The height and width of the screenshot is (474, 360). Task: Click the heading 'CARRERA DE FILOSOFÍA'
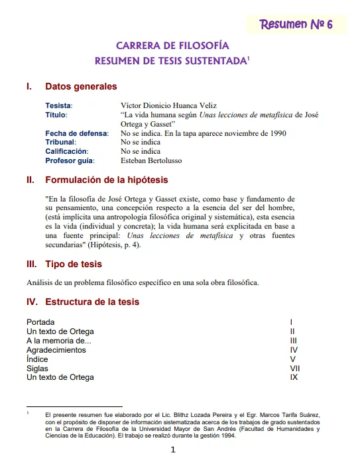(172, 46)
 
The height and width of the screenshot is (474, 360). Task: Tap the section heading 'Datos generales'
(81, 86)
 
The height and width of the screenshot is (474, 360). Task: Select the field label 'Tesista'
(58, 105)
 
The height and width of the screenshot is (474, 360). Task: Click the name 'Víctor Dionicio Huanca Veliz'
(168, 105)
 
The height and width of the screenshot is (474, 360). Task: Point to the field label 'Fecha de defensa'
(76, 133)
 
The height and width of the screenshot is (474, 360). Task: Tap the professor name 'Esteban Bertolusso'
(151, 160)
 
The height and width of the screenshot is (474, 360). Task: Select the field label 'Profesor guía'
(69, 160)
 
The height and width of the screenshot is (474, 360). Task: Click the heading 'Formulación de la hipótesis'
(107, 180)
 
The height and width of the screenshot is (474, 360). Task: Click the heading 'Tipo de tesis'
(74, 265)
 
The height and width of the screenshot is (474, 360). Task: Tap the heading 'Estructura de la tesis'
(92, 302)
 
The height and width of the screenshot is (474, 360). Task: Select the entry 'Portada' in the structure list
(41, 322)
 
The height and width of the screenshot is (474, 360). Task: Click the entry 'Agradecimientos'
(56, 349)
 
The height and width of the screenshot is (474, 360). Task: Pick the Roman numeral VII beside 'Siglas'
(295, 368)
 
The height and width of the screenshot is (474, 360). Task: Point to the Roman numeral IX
(294, 377)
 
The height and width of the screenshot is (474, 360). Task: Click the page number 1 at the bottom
(173, 450)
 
